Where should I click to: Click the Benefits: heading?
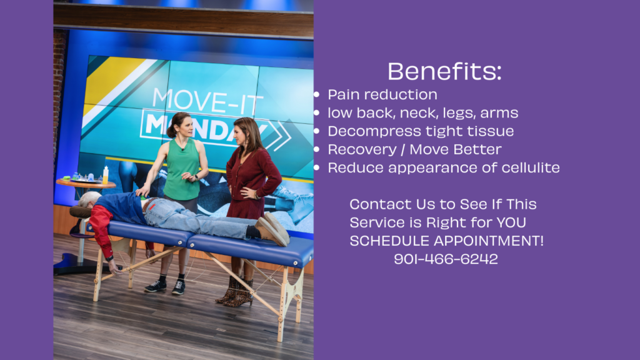[444, 71]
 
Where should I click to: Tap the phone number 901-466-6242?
[446, 259]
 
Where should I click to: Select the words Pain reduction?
[382, 95]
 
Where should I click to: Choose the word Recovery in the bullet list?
[362, 150]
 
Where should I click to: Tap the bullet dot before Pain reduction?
[317, 95]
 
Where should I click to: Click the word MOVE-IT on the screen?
[207, 102]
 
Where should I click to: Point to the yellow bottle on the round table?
[106, 175]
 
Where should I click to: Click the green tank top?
[182, 169]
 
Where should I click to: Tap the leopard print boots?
[236, 292]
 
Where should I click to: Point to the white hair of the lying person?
[89, 199]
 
